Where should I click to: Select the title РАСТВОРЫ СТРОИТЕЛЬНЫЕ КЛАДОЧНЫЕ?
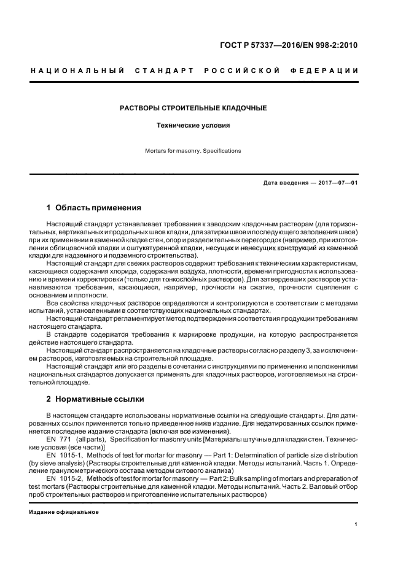(x=192, y=108)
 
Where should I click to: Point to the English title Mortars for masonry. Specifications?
(x=193, y=150)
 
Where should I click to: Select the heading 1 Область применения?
(x=94, y=208)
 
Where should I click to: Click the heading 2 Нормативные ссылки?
(x=95, y=399)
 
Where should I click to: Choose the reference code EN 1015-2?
(x=62, y=478)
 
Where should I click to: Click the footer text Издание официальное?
(x=64, y=512)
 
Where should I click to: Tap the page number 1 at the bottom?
(x=356, y=524)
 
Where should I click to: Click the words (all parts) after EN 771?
(x=91, y=440)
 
